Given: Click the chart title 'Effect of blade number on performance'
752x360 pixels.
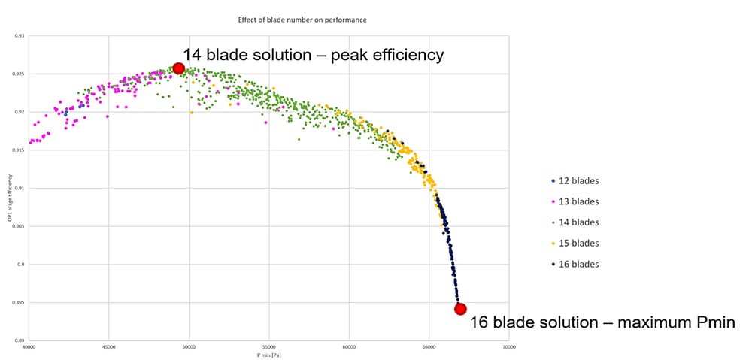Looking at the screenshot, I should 302,19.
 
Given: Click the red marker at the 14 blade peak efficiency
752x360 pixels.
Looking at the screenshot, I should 179,68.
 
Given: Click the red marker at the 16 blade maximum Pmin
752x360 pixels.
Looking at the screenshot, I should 460,309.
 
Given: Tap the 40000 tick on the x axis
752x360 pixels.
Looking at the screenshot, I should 29,348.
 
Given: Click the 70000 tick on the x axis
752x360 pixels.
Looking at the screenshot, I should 509,348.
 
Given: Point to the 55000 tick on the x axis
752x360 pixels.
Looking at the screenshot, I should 269,348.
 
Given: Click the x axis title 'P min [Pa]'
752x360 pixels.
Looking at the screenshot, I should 268,355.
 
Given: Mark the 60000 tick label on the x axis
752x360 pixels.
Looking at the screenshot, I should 349,348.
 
